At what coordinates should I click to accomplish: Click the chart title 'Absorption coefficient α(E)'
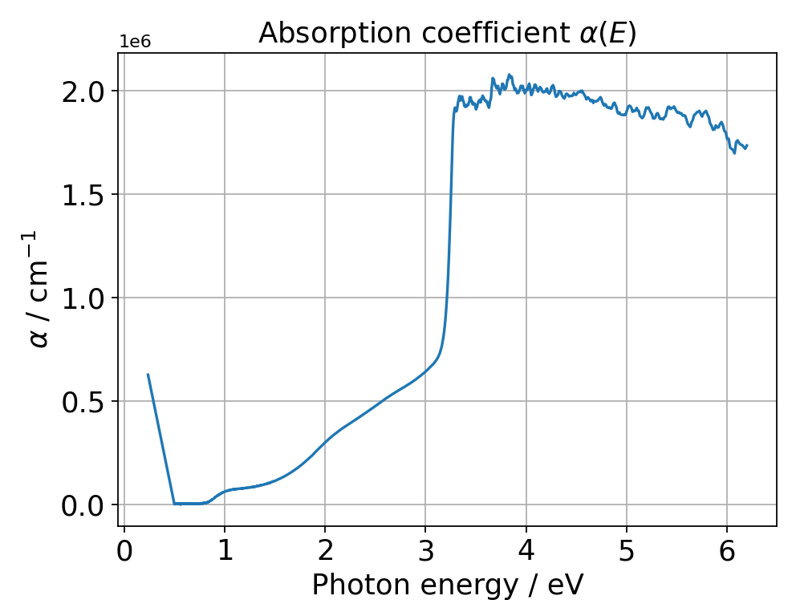pos(447,34)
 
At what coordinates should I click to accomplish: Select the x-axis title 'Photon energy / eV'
pos(447,586)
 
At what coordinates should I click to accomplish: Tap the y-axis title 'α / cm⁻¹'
pos(39,290)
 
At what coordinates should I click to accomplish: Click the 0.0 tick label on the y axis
pos(84,505)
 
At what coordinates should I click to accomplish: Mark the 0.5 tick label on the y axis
pos(84,402)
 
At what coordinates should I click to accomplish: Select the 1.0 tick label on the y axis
pos(84,298)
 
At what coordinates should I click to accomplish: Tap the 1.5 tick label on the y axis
pos(84,195)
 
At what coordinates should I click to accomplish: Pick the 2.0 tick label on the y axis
pos(84,91)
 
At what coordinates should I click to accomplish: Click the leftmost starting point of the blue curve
pos(148,374)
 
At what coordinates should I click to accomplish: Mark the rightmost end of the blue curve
pos(747,146)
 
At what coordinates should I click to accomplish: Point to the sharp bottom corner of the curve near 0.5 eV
pos(174,504)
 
